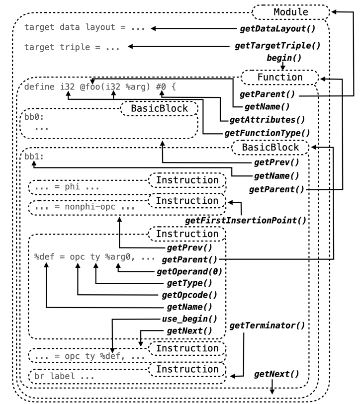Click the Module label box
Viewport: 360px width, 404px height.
(x=290, y=11)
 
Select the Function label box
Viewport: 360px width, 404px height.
(x=279, y=78)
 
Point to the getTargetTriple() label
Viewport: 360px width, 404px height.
(x=277, y=46)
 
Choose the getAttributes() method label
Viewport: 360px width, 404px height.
(x=267, y=120)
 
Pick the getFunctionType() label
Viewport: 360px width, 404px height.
(x=267, y=133)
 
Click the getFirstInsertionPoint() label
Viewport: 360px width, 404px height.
(x=245, y=220)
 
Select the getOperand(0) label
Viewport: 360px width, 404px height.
(x=188, y=271)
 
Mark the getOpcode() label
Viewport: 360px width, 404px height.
(x=187, y=295)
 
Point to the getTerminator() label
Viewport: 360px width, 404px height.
(x=267, y=325)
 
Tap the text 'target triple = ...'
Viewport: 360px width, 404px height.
(x=72, y=47)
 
